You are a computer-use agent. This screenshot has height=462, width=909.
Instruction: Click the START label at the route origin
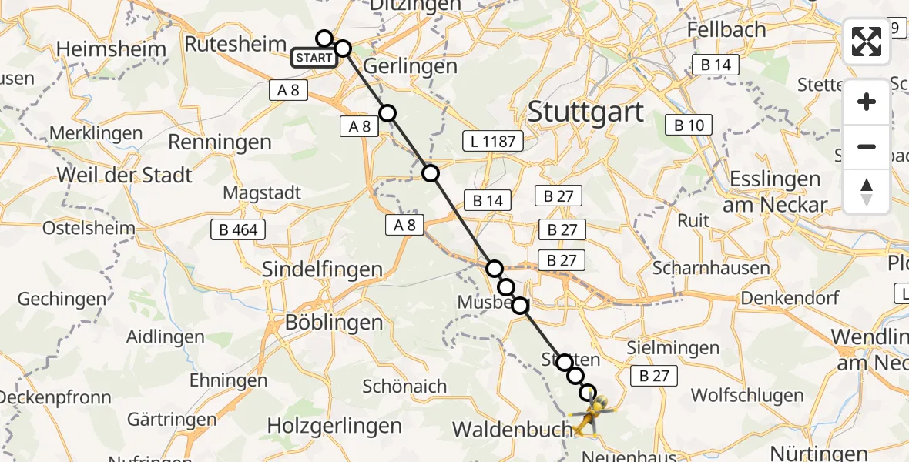(x=314, y=58)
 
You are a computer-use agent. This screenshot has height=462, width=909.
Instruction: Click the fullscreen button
(x=867, y=42)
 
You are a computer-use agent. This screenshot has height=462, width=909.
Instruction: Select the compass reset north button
(x=867, y=191)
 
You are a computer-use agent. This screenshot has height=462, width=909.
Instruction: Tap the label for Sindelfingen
(x=323, y=269)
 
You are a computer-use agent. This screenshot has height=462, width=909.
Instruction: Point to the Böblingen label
(x=334, y=322)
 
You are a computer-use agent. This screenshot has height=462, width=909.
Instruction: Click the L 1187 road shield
(x=493, y=141)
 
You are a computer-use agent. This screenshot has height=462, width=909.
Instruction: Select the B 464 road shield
(x=238, y=229)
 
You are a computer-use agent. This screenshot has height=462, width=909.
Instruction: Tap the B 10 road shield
(x=689, y=125)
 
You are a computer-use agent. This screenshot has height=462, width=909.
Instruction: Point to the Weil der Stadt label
(x=125, y=175)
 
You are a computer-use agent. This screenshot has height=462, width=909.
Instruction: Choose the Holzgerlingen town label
(x=334, y=425)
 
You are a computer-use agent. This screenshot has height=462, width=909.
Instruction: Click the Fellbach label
(x=728, y=30)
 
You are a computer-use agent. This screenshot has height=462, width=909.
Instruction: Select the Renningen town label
(x=220, y=142)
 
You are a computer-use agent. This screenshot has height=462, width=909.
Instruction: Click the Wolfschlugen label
(x=746, y=396)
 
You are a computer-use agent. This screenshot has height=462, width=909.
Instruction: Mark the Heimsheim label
(x=112, y=50)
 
